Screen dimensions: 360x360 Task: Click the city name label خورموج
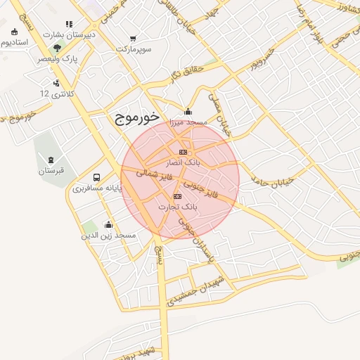(137, 119)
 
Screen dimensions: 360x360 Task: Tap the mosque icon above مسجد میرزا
(188, 111)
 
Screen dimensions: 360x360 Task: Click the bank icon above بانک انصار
(183, 152)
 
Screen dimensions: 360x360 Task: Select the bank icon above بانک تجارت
(177, 196)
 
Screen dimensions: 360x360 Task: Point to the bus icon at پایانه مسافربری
(96, 177)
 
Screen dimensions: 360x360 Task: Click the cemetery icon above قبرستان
(51, 159)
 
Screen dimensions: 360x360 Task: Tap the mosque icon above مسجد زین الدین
(108, 225)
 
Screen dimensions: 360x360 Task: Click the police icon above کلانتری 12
(56, 83)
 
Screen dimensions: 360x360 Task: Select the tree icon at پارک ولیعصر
(58, 47)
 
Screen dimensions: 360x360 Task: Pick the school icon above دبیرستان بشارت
(68, 24)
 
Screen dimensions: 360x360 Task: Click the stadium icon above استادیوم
(15, 32)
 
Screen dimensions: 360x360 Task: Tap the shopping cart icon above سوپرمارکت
(133, 39)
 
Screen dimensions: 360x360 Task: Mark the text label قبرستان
(51, 170)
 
